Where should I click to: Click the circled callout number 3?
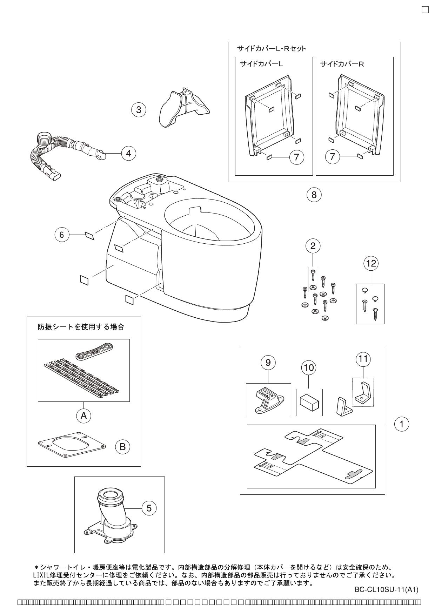pos(139,110)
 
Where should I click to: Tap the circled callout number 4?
pos(129,153)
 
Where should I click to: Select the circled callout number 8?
pos(314,194)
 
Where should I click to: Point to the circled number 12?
pos(371,263)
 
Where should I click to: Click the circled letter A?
pos(83,415)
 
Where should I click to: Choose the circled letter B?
pos(122,446)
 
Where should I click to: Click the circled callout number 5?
pos(149,508)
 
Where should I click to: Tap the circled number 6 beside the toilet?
pos(62,235)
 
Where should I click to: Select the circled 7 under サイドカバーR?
pos(333,157)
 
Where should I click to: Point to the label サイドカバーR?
pos(342,64)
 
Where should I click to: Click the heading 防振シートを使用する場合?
pos(81,327)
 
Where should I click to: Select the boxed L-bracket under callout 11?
pos(363,393)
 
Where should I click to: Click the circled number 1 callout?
pos(402,424)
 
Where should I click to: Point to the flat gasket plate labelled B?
pos(72,445)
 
